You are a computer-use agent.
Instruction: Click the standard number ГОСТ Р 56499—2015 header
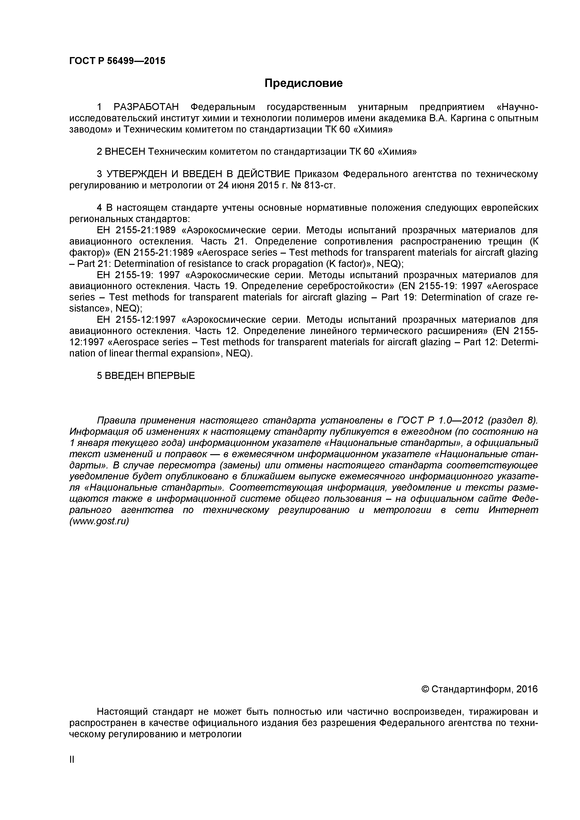point(117,61)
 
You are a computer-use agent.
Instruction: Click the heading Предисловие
point(303,83)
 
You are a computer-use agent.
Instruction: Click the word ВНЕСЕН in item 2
point(125,152)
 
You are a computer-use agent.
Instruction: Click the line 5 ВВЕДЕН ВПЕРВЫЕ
point(146,376)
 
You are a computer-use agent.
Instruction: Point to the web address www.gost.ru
point(99,521)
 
